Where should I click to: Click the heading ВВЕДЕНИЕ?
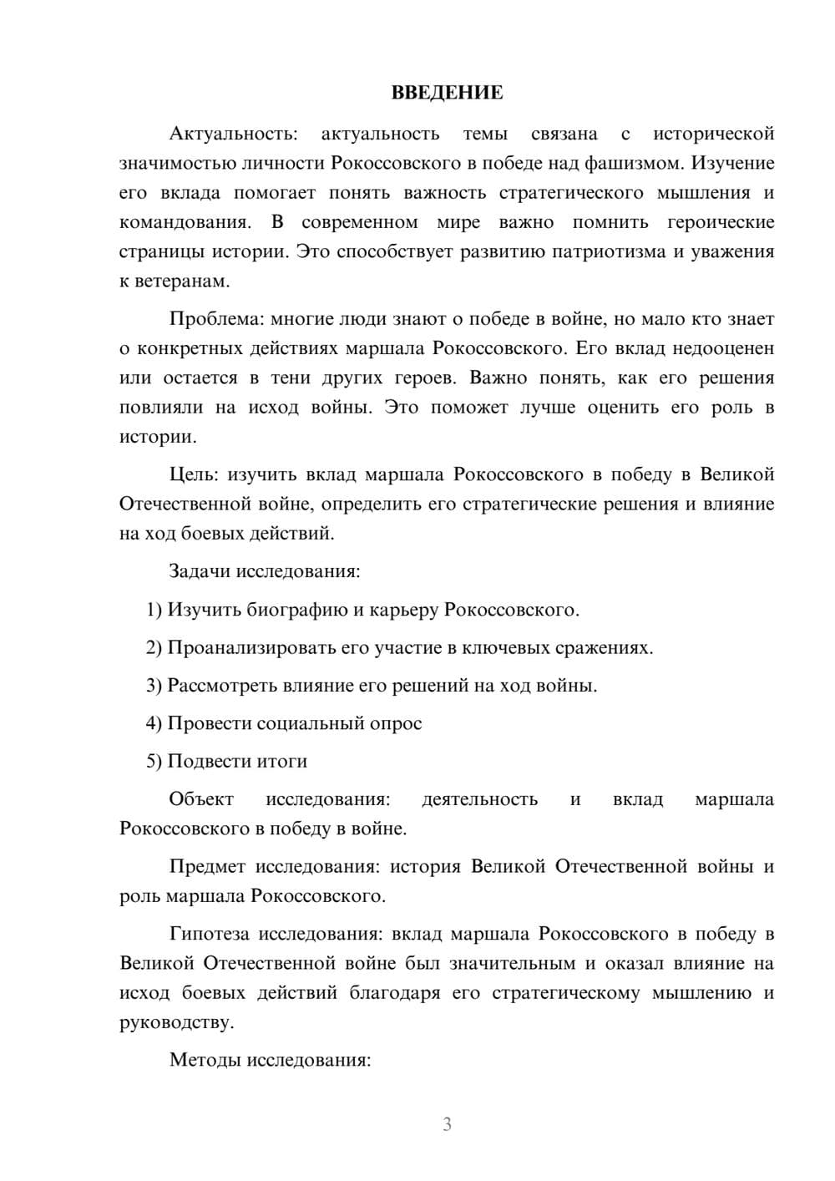point(447,93)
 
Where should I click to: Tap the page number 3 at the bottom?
point(447,1124)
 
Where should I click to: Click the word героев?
point(425,378)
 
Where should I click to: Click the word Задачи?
point(200,572)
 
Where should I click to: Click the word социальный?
point(305,723)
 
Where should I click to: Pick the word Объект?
point(201,799)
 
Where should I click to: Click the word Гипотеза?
point(210,934)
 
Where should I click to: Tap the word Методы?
point(203,1060)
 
